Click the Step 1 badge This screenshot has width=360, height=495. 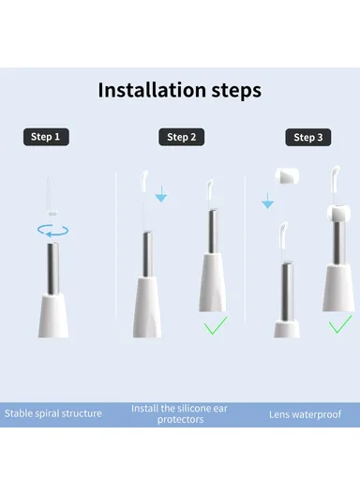[46, 137]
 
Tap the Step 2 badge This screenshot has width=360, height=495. [181, 137]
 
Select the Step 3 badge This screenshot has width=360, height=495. [308, 137]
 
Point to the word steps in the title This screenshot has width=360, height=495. [236, 91]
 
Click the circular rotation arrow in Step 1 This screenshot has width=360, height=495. [53, 231]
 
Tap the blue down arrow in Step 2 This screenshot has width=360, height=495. [161, 194]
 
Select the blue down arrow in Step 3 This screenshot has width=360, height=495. [267, 201]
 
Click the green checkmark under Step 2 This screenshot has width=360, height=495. [216, 325]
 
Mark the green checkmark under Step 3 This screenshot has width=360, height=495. [340, 323]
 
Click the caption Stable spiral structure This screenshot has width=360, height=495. [53, 413]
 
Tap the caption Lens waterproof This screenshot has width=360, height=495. [305, 414]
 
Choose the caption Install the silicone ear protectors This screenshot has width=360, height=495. [180, 413]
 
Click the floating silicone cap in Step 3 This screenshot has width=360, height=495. [287, 176]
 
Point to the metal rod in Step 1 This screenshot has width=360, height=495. [53, 268]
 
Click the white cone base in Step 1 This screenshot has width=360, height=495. [53, 315]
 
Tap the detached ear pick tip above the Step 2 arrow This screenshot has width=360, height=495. [144, 181]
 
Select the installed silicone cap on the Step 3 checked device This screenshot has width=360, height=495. [338, 213]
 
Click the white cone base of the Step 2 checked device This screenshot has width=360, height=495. [212, 282]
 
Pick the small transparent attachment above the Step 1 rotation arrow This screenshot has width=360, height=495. [51, 196]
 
